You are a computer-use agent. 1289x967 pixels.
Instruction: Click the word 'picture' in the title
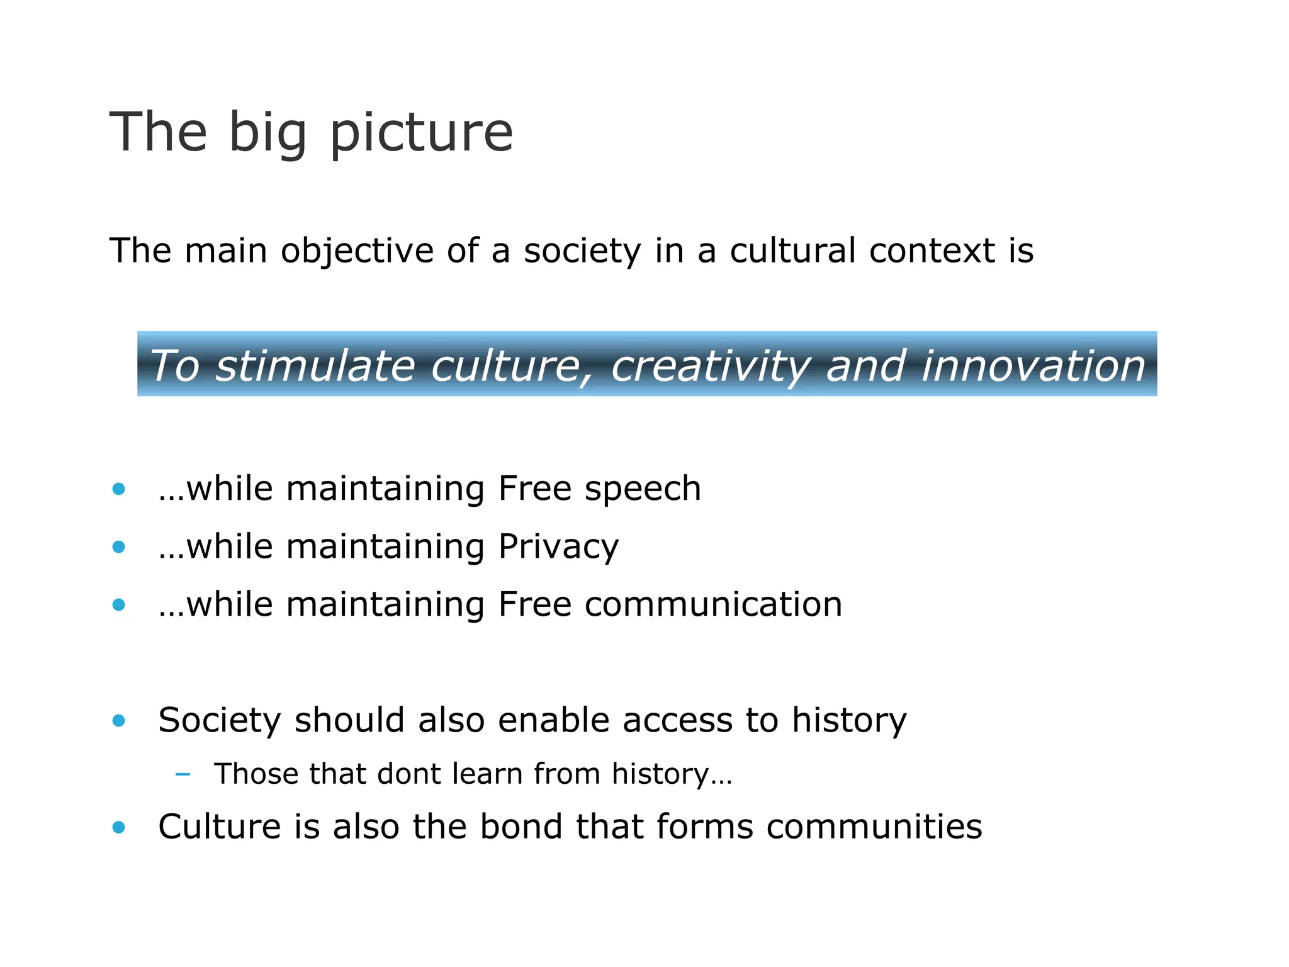pyautogui.click(x=421, y=133)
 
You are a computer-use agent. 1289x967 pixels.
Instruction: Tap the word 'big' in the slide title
pyautogui.click(x=267, y=133)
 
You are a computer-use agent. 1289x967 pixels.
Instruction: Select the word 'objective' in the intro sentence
pyautogui.click(x=357, y=251)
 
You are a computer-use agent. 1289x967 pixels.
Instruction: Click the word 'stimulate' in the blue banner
pyautogui.click(x=315, y=366)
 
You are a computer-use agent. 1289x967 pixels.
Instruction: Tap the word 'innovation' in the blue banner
pyautogui.click(x=1032, y=366)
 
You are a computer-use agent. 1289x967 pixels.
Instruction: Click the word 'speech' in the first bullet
pyautogui.click(x=643, y=489)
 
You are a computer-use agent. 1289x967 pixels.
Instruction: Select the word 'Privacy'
pyautogui.click(x=558, y=547)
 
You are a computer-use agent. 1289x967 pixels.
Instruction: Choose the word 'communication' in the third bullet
pyautogui.click(x=713, y=604)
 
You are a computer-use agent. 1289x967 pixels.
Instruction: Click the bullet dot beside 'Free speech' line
pyautogui.click(x=118, y=489)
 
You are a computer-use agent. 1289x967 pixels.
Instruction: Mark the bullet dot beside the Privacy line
pyautogui.click(x=118, y=547)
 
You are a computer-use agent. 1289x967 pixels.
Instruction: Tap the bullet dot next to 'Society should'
pyautogui.click(x=118, y=720)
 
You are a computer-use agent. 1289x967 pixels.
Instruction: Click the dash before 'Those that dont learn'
pyautogui.click(x=183, y=774)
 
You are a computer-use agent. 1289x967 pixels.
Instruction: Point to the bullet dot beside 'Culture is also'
pyautogui.click(x=118, y=827)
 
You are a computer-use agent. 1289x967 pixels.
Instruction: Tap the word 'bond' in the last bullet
pyautogui.click(x=521, y=827)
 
